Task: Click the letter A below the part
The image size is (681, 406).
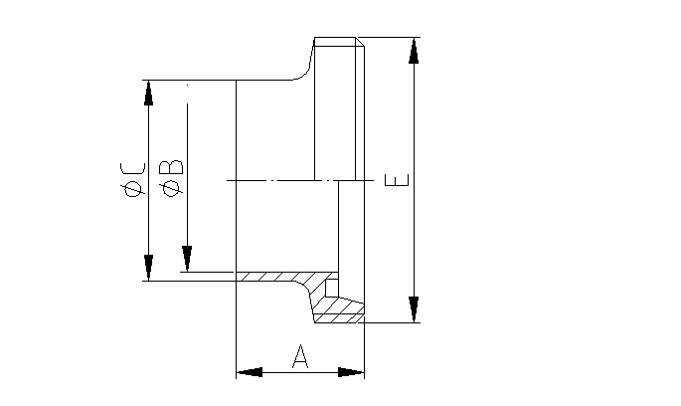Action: pos(300,356)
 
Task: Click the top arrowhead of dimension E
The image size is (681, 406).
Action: pos(413,51)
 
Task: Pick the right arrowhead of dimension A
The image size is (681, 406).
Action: pos(352,372)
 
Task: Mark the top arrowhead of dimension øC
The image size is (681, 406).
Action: pos(148,93)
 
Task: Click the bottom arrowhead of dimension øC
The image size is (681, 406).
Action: pos(148,268)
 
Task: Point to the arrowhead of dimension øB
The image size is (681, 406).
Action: pos(186,259)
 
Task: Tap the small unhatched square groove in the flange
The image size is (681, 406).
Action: pos(332,288)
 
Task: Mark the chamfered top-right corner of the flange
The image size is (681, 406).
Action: pos(362,42)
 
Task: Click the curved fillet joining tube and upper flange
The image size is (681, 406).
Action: pos(304,70)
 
